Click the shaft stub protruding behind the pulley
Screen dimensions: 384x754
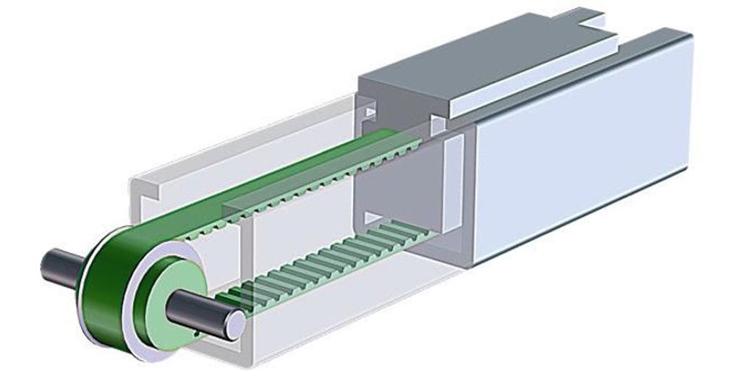point(62,265)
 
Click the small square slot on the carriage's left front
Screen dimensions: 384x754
point(369,113)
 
